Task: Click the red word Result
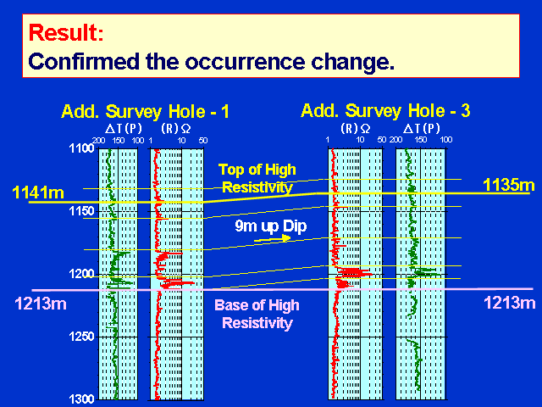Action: pos(66,32)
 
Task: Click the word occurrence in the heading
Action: pos(245,62)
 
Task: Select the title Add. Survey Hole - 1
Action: pos(145,111)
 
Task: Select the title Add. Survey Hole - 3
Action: pos(385,111)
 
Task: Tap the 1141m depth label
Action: pos(38,192)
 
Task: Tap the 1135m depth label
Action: pos(508,185)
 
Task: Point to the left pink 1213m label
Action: pos(41,304)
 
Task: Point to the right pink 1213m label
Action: pos(509,303)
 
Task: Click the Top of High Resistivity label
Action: pos(257,179)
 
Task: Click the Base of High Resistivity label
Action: pos(257,315)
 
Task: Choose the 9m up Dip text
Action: pos(271,226)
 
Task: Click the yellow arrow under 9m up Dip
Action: pos(273,239)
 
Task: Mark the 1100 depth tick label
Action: pos(81,148)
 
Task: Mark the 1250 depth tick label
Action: pos(81,337)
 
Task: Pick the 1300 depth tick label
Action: pos(81,399)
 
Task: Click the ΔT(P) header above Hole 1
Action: pos(124,129)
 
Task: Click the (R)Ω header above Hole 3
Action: pos(356,129)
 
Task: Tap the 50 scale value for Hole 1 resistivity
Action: pos(203,141)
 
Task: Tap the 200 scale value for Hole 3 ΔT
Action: pos(395,140)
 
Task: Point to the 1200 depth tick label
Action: pos(81,274)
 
